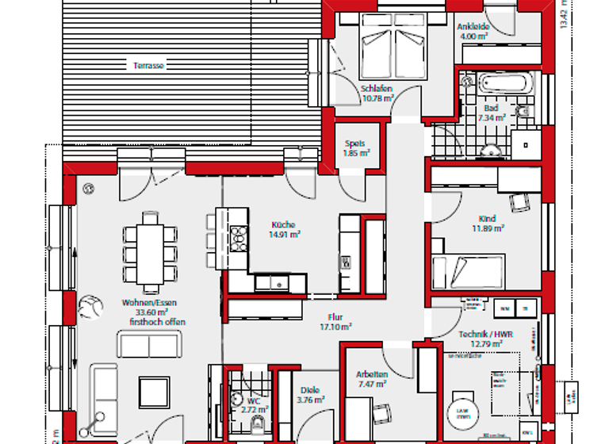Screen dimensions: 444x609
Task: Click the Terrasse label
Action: click(148, 66)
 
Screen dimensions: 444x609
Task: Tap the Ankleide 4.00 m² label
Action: click(473, 31)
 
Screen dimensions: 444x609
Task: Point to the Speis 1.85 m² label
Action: click(355, 148)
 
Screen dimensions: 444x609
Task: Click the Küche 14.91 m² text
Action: click(285, 229)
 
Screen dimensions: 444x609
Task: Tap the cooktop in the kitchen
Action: click(238, 238)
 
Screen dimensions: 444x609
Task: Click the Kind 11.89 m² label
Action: click(487, 223)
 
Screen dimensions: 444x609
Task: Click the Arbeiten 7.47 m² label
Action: click(371, 378)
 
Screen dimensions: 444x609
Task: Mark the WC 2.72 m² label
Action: click(255, 405)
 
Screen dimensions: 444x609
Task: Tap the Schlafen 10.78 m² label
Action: click(377, 94)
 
